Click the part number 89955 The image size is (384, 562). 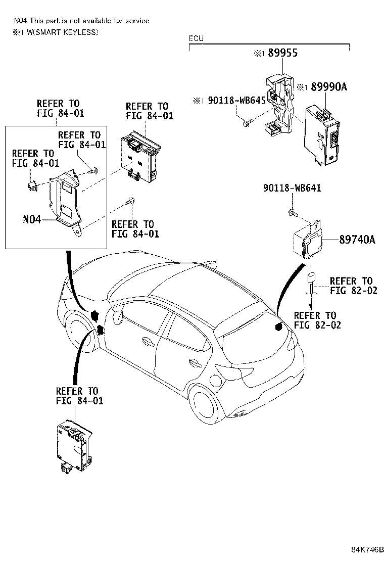[x=282, y=53]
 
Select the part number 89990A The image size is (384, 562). [x=329, y=87]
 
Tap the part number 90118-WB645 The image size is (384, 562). [x=237, y=100]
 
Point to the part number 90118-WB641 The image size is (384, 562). [x=292, y=188]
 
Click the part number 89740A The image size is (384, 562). [x=357, y=240]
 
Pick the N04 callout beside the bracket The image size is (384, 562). [x=32, y=219]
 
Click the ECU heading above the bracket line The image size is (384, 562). [x=196, y=38]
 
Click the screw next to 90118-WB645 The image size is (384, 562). [x=247, y=123]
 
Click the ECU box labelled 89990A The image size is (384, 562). [x=322, y=136]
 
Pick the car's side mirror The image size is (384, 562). [x=117, y=318]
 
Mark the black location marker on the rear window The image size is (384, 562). [x=277, y=326]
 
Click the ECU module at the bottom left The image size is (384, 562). [x=74, y=446]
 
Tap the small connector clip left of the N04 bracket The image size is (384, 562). [x=32, y=185]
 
